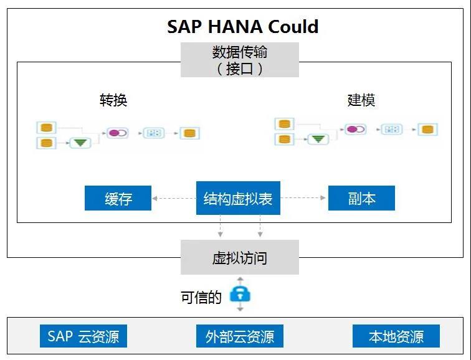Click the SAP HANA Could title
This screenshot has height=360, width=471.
[x=243, y=27]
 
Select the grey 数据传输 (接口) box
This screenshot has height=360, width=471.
[x=240, y=60]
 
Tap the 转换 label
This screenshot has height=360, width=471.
[x=113, y=100]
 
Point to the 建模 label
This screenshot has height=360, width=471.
[x=361, y=100]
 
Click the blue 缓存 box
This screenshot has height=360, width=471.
[x=118, y=199]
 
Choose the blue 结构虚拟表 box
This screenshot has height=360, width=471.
[x=238, y=199]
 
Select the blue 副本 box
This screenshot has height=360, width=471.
[x=361, y=199]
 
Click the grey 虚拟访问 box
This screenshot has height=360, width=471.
[x=240, y=257]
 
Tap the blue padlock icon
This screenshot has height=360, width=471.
[x=240, y=294]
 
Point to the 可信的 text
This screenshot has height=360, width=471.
[x=201, y=298]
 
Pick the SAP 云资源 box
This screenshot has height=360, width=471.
[x=83, y=336]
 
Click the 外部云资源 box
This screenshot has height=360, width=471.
[x=240, y=336]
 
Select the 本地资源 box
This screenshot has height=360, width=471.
[x=396, y=336]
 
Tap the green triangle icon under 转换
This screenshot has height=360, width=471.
[x=80, y=143]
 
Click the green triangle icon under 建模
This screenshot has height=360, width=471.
[x=318, y=139]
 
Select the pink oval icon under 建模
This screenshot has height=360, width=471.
[x=355, y=130]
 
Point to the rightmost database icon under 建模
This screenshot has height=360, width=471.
[x=427, y=130]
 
